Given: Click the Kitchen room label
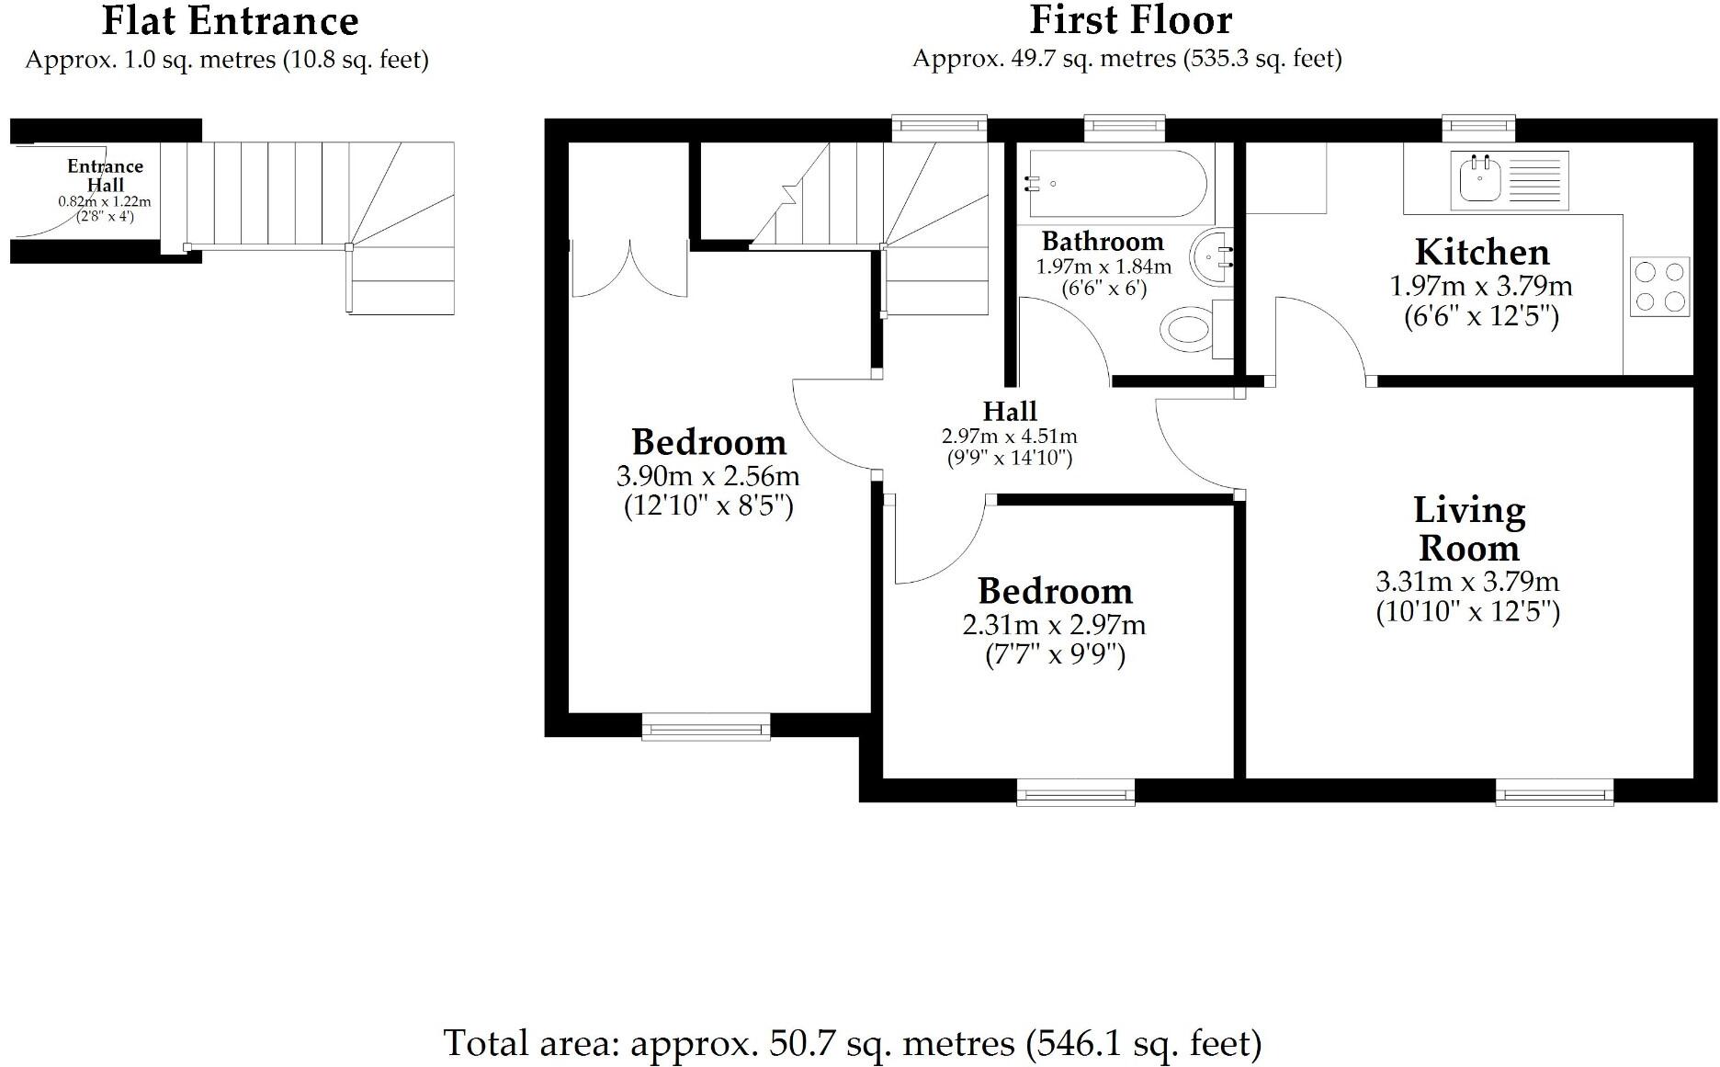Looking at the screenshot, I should point(1481,252).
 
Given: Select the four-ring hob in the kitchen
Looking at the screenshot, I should point(1659,287).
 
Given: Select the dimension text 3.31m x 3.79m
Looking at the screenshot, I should point(1467,582).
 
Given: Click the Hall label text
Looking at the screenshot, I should point(1010,411).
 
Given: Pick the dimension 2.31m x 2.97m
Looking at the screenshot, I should point(1054,626).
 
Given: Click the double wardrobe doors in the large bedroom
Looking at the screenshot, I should point(630,267).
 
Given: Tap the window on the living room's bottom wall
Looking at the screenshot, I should point(1554,790).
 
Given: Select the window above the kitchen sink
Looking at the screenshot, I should point(1477,128).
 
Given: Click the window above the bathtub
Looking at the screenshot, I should point(1125,128).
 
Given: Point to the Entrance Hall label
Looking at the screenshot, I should point(105,175).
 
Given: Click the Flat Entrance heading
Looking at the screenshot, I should point(230,20).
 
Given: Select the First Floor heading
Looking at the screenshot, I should point(1130,20).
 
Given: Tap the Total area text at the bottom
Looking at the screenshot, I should point(852,1043).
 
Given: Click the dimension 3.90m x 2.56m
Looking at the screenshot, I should point(707,476).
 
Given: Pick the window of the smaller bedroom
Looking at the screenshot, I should point(1075,791).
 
